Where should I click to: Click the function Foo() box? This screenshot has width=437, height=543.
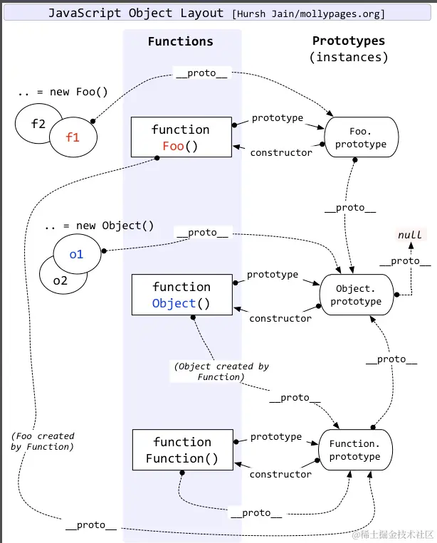tap(181, 138)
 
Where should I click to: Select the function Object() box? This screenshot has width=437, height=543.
tap(181, 295)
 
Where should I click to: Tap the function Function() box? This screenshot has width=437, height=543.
tap(182, 450)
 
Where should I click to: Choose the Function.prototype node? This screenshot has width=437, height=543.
tap(355, 450)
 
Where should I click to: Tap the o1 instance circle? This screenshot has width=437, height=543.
tap(76, 254)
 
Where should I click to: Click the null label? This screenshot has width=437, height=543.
tap(409, 235)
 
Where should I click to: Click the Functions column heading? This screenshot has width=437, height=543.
tap(180, 41)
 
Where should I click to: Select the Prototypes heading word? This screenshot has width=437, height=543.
tap(349, 41)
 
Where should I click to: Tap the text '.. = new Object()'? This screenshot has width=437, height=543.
tap(99, 226)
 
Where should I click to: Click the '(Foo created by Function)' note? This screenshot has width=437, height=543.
tap(43, 441)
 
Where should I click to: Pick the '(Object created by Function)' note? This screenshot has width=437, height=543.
tap(221, 371)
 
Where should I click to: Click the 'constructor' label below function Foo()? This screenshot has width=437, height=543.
tap(281, 152)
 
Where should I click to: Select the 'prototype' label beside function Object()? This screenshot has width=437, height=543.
tap(273, 274)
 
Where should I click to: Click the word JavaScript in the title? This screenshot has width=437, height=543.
tap(83, 14)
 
